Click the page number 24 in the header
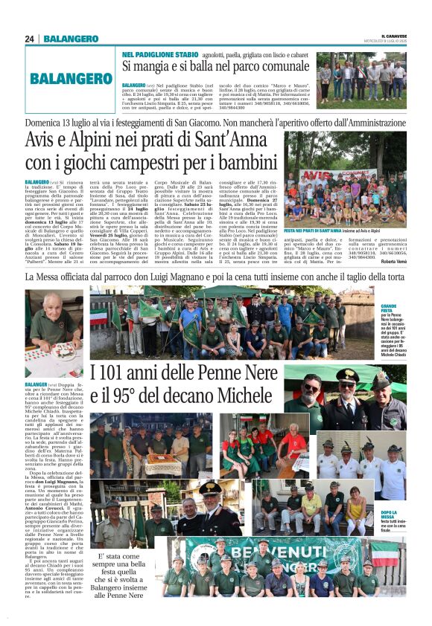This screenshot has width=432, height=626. point(29,39)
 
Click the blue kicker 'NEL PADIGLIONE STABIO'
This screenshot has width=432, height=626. point(160,54)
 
